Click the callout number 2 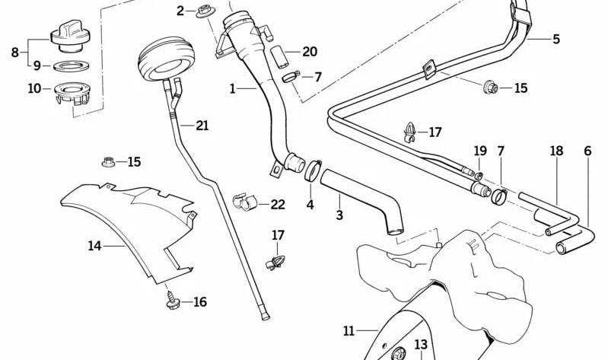pos(180,11)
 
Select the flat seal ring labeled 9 pos(72,65)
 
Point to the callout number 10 pos(34,88)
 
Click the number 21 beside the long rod pos(202,126)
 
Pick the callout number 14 pos(94,246)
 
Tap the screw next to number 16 pos(170,302)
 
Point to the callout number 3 pos(339,215)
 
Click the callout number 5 pos(555,38)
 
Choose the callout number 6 pos(587,151)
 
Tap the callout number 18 pos(557,151)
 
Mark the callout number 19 pos(480,151)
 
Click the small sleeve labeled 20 pos(279,55)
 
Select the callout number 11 pos(349,331)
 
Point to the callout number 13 pos(421,345)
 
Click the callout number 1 pos(233,89)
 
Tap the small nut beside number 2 pos(203,11)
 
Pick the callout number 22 pos(278,204)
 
